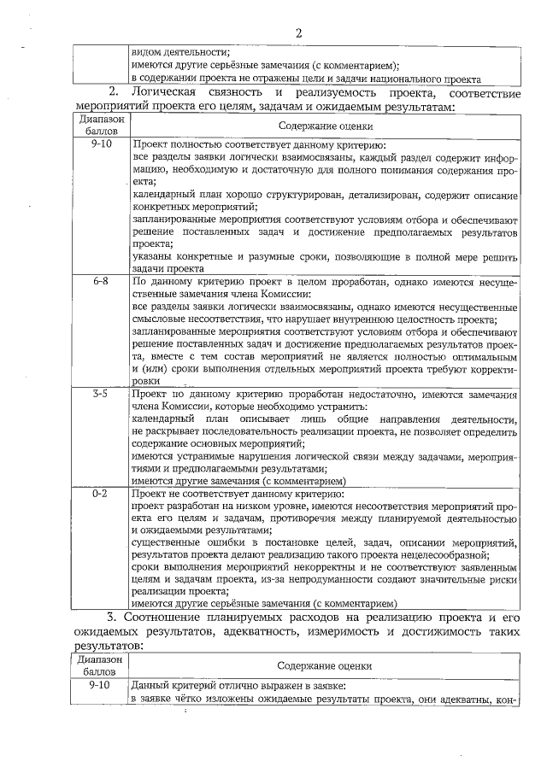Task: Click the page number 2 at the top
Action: (299, 33)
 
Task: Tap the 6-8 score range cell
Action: (99, 280)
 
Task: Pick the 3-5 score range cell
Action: (99, 395)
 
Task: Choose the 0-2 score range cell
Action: (99, 495)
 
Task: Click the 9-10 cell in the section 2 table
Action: (99, 146)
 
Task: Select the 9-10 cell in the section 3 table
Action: (99, 686)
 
